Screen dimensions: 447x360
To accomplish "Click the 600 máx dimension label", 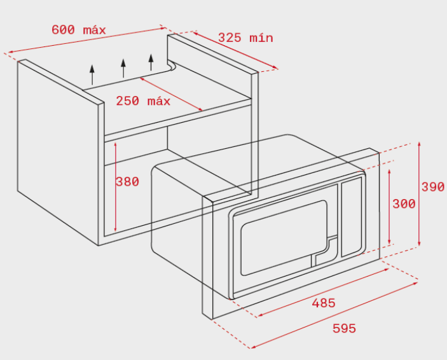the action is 79,30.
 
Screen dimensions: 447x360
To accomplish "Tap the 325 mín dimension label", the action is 245,38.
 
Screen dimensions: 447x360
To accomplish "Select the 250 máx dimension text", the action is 143,101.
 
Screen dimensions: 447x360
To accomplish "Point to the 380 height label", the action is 127,182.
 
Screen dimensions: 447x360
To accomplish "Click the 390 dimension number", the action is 433,187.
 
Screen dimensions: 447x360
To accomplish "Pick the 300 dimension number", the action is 404,204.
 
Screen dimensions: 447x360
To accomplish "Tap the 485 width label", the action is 324,303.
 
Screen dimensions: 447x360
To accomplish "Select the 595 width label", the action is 345,328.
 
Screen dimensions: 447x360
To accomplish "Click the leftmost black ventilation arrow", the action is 92,75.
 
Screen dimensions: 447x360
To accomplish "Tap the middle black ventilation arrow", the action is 123,68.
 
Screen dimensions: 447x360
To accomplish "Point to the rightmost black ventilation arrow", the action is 151,62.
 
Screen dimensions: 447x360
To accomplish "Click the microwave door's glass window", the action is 284,238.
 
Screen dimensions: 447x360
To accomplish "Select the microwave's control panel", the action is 351,217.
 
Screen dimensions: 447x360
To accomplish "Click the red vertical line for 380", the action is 115,187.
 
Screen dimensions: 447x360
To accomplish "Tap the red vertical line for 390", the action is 419,194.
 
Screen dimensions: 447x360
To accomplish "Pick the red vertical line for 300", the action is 389,207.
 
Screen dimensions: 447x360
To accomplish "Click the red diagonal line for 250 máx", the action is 171,94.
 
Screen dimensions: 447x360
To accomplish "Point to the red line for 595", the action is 334,315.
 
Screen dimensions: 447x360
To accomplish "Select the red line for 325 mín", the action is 235,50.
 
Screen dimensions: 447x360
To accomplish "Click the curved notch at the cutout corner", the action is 172,66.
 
